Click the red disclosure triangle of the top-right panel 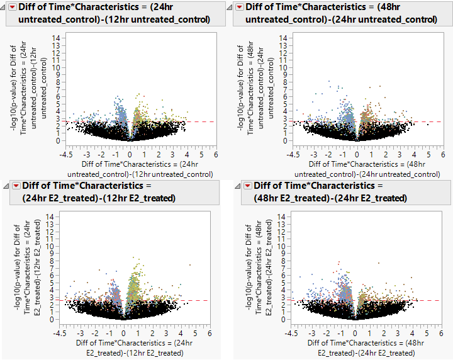pos(239,7)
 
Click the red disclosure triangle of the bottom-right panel pos(247,186)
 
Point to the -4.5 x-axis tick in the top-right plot pos(292,154)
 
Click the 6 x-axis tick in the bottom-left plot pos(210,334)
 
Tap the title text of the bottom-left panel pos(98,191)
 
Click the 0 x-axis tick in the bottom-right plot pos(354,334)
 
